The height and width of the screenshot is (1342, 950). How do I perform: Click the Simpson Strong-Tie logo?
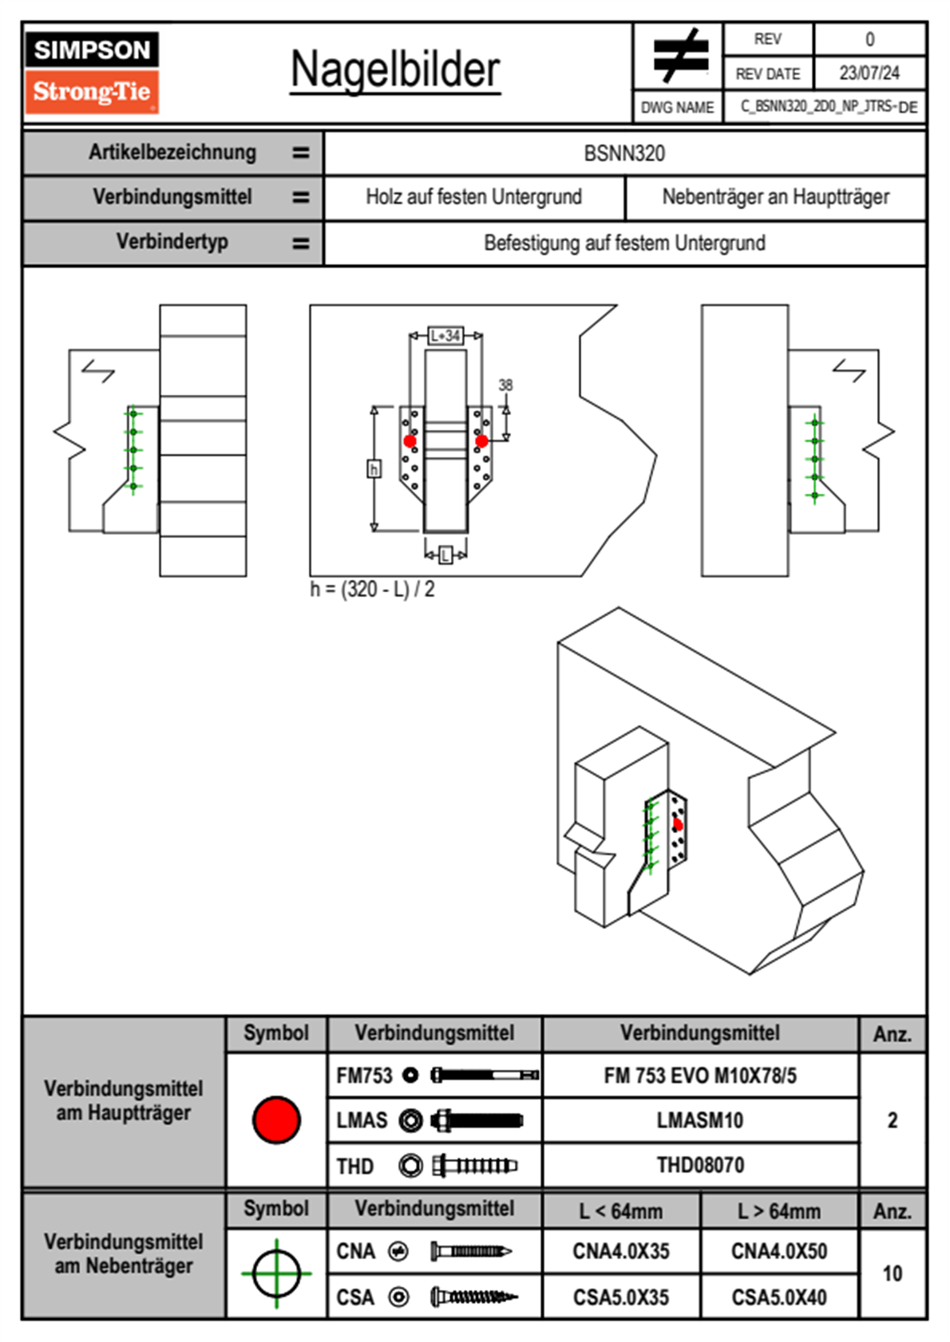(x=92, y=72)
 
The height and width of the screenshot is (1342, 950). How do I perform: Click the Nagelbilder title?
(x=395, y=69)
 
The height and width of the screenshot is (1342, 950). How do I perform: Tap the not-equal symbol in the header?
(x=679, y=56)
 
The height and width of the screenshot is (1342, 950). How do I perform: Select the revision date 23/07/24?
(x=869, y=73)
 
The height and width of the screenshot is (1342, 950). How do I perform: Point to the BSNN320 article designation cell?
(x=624, y=154)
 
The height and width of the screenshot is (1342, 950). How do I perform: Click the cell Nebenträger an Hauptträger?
(x=775, y=197)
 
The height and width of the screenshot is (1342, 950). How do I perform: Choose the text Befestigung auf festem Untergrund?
(x=624, y=243)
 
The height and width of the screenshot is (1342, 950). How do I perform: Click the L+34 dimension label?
(x=445, y=336)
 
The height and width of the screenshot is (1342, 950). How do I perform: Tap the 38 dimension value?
(x=505, y=385)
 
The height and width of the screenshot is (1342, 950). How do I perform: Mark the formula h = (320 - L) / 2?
(x=373, y=590)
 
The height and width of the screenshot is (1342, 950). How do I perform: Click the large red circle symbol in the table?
(x=276, y=1119)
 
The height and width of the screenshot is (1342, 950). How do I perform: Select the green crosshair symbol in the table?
(x=276, y=1273)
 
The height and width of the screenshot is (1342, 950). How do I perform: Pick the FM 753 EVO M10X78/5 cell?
(x=700, y=1076)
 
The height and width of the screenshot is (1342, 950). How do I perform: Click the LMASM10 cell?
(x=700, y=1121)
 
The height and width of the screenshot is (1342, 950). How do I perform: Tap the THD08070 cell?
(x=700, y=1166)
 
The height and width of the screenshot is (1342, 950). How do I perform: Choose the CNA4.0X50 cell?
(x=779, y=1251)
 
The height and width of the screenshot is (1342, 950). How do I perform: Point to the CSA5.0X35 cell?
(x=621, y=1297)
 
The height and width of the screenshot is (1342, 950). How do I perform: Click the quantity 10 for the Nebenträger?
(x=892, y=1273)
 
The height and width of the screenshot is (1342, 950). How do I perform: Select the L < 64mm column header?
(x=621, y=1211)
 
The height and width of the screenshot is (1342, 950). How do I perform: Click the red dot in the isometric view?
(x=678, y=824)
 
